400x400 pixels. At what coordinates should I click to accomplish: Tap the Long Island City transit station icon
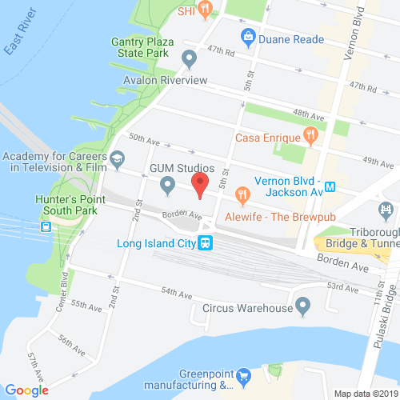coord(206,244)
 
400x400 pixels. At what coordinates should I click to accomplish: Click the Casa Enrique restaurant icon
coord(309,137)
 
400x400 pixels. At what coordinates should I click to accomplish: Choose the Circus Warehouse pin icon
coord(302,306)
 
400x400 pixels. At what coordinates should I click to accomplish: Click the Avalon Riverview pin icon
coord(189,58)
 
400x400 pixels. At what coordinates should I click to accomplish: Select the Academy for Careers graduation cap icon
coord(117,158)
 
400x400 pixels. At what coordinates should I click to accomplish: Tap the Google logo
coord(26,390)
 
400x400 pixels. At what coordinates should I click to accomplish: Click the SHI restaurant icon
coord(206,10)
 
